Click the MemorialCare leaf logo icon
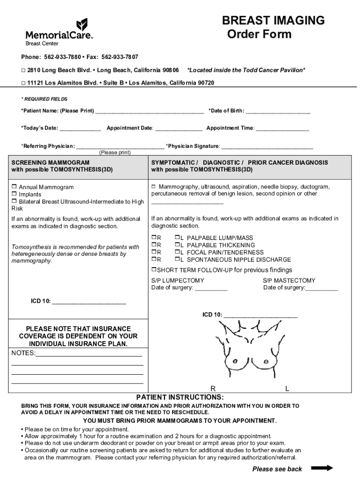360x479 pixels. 82,24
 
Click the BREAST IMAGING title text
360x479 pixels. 273,21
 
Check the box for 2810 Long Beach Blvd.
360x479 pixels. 23,70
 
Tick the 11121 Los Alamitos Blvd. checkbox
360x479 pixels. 23,83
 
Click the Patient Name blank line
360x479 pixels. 150,111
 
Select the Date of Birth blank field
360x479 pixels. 278,111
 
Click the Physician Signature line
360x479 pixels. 267,146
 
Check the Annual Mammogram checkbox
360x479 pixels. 14,187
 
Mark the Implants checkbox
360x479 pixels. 14,194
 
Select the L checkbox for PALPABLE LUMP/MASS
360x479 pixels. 178,238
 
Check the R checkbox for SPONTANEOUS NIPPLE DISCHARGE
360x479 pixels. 154,260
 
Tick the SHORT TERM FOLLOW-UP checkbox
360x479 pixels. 154,270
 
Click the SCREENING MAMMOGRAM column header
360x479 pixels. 50,163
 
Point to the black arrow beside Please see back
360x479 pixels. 322,468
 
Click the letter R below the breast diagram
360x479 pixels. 213,389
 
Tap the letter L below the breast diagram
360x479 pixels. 287,389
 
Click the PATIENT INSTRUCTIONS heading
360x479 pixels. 180,397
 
